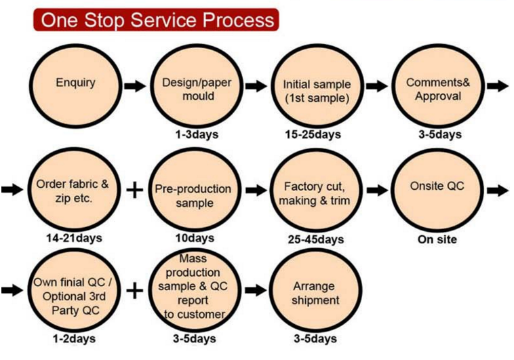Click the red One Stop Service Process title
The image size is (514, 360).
[x=156, y=20]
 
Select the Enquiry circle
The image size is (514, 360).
[x=75, y=86]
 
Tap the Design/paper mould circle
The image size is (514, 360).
[x=197, y=86]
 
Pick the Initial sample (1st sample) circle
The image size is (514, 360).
[x=317, y=86]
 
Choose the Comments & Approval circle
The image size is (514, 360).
[x=438, y=86]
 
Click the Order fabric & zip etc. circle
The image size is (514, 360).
[x=73, y=190]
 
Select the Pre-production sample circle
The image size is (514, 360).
[x=195, y=190]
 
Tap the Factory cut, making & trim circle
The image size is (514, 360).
[x=315, y=190]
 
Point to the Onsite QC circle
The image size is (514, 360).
[x=437, y=190]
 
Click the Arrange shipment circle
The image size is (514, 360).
[x=315, y=290]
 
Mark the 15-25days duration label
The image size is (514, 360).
[x=313, y=134]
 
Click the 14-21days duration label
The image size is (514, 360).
[x=74, y=238]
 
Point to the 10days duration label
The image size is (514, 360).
[x=195, y=238]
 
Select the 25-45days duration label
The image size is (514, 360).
[x=316, y=239]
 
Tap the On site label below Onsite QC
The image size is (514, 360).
[x=437, y=239]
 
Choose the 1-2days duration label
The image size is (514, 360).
[x=74, y=339]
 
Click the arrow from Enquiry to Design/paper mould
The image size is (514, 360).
[x=135, y=86]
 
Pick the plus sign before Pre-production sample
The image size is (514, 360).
[x=135, y=190]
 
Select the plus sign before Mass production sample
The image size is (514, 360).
[x=135, y=290]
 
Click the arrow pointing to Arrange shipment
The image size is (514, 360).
[x=256, y=290]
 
